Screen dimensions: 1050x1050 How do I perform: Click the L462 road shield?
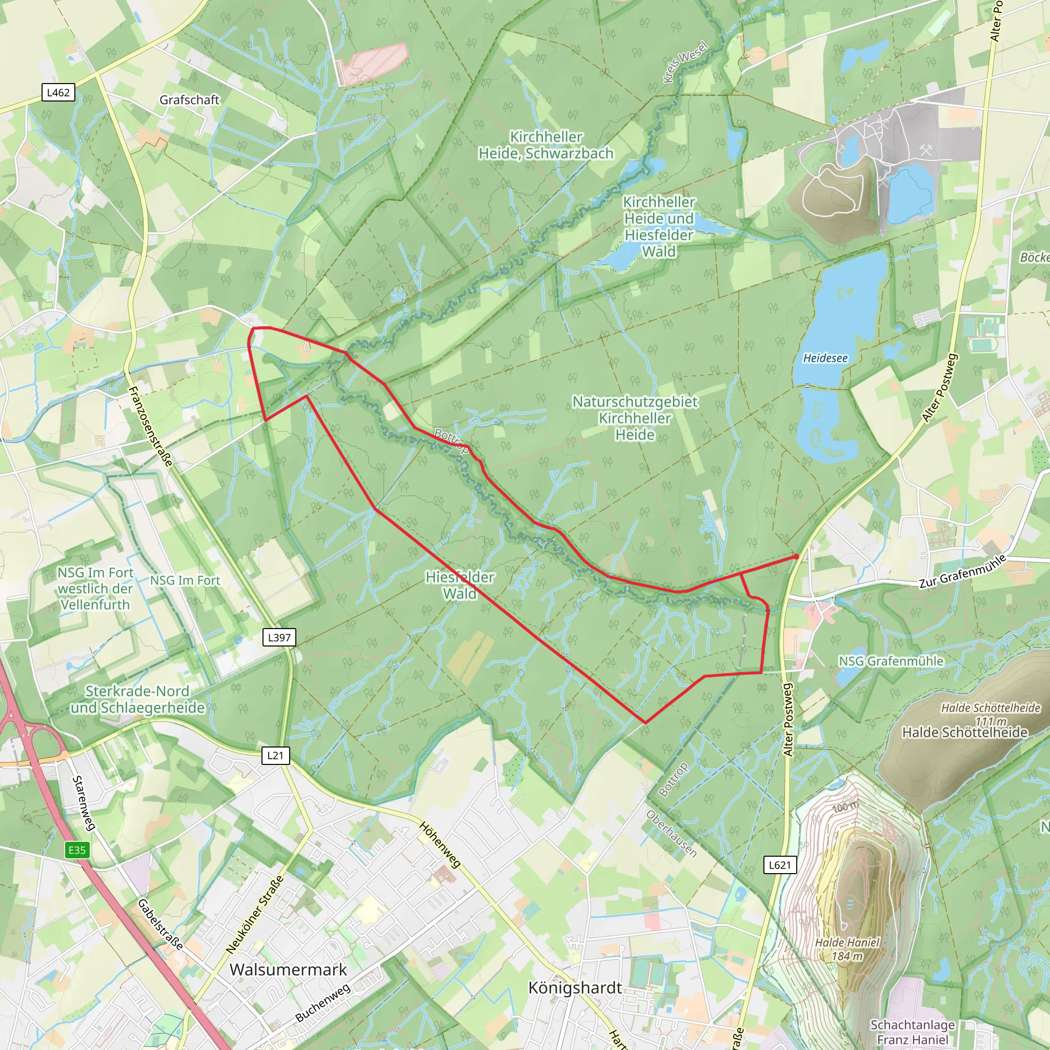point(58,92)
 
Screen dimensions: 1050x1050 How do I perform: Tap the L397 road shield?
point(279,637)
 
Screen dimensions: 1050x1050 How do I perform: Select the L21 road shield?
point(275,755)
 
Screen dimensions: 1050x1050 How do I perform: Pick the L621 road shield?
point(780,865)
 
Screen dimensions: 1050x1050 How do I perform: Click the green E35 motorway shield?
point(76,850)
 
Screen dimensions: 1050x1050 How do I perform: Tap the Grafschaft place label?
point(189,100)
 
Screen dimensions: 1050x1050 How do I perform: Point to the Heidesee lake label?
point(825,358)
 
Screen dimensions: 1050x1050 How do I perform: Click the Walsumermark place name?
point(288,970)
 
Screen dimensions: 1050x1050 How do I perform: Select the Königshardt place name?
point(575,988)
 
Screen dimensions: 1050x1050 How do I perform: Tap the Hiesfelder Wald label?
point(460,585)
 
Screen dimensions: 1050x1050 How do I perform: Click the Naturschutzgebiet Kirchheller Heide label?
point(635,418)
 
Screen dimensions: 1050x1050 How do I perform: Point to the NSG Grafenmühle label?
point(891,661)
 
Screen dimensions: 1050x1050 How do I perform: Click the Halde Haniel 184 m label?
point(847,950)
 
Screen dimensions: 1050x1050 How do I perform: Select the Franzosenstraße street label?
point(151,427)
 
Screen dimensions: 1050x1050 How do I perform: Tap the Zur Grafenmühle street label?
point(962,572)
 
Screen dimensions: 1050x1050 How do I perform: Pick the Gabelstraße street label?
point(160,924)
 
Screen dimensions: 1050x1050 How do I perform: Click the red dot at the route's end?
point(796,556)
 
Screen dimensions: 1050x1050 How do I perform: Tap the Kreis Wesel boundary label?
point(685,63)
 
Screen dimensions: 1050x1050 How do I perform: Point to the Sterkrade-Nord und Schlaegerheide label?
point(137,699)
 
